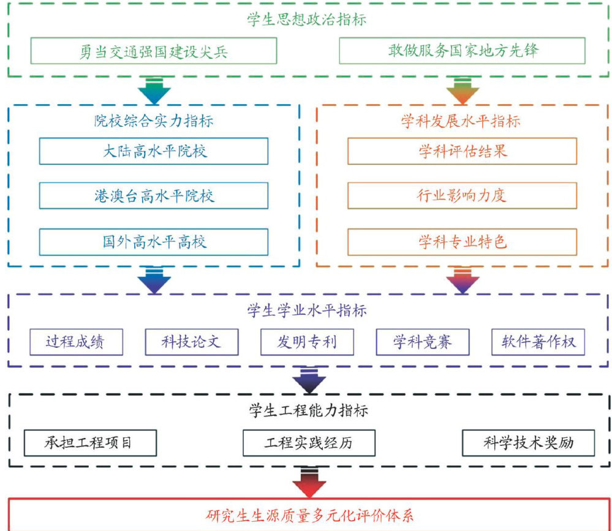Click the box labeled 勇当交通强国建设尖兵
pos(153,51)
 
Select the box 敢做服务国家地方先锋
pos(462,51)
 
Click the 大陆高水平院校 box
pos(154,151)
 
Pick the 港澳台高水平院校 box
pos(154,196)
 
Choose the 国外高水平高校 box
pos(154,242)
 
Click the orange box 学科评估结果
pos(462,151)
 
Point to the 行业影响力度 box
pos(462,196)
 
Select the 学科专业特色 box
pos(462,242)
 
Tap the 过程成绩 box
pos(76,342)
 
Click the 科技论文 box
pos(191,342)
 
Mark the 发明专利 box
pos(307,342)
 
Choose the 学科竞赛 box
pos(422,342)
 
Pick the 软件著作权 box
pos(538,342)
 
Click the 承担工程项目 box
pos(90,443)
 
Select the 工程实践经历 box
pos(308,443)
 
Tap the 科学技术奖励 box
pos(528,443)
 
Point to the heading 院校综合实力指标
pos(154,121)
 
